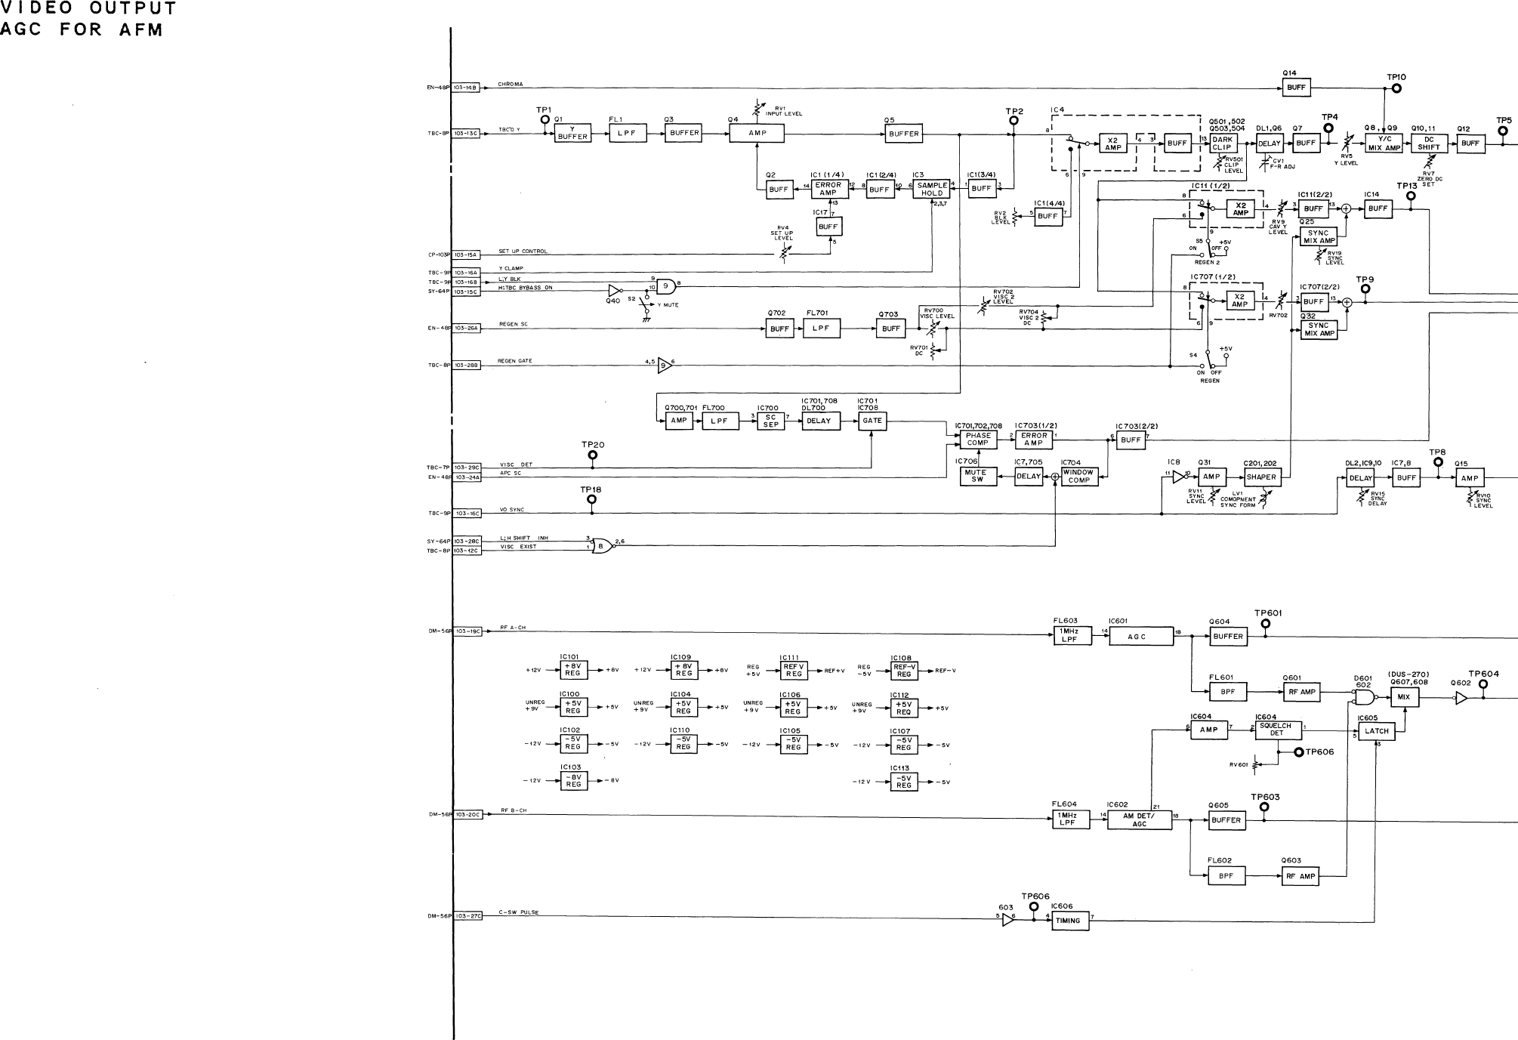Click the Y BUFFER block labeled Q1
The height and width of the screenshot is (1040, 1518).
(572, 134)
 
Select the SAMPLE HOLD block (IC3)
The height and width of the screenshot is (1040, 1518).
(932, 190)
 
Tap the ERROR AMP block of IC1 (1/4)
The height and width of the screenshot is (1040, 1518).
(828, 190)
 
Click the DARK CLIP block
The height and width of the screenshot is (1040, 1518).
(1222, 144)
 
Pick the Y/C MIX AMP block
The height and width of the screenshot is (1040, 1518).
(1384, 144)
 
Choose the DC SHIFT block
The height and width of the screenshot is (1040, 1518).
(1428, 144)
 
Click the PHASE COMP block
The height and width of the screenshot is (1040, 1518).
(978, 440)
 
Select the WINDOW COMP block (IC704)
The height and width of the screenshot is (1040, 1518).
(1078, 477)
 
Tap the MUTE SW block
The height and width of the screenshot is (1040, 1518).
(977, 477)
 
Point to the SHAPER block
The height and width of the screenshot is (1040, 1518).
(1261, 477)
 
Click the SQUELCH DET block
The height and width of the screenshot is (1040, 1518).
(1276, 730)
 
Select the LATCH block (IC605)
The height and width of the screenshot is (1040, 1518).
(1376, 731)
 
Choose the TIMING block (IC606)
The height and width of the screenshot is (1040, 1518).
(1069, 921)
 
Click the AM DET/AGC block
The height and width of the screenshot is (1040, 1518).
(1140, 820)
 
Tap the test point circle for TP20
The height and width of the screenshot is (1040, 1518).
(592, 455)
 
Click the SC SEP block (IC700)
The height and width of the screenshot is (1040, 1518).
(770, 421)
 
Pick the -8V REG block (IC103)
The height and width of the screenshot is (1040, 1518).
(573, 781)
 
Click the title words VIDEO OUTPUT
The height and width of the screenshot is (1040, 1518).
(88, 9)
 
